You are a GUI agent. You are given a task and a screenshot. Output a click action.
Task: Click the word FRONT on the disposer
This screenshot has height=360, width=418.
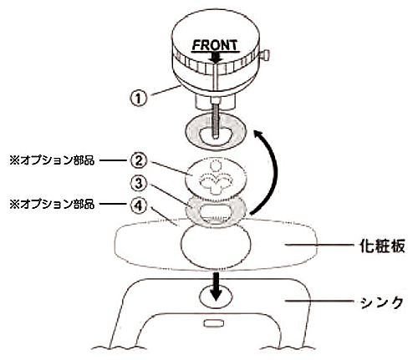point(216,45)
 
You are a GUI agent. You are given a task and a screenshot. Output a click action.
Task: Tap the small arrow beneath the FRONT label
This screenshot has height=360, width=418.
point(216,58)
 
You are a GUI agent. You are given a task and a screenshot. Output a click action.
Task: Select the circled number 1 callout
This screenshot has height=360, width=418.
point(139,98)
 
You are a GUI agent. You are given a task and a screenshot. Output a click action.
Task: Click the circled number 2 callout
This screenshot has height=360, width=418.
point(139,161)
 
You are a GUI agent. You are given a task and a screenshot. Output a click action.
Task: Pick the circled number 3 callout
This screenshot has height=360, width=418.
point(139,184)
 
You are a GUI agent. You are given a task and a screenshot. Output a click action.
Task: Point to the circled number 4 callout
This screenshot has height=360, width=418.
point(139,205)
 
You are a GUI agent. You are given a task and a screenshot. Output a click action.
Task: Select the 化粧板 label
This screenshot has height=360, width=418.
point(381,246)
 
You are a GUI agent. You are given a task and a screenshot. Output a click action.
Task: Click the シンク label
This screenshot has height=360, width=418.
point(381,302)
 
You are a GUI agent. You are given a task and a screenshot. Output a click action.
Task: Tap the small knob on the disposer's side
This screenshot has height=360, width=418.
point(265,54)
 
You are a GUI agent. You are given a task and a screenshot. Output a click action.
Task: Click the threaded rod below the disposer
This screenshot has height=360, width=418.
point(216,120)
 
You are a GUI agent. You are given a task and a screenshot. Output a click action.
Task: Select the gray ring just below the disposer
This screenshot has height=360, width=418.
point(215,131)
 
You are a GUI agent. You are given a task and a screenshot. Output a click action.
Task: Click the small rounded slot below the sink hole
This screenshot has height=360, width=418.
point(213,323)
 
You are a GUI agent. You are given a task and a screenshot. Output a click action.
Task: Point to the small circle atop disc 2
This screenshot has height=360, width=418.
point(215,166)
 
